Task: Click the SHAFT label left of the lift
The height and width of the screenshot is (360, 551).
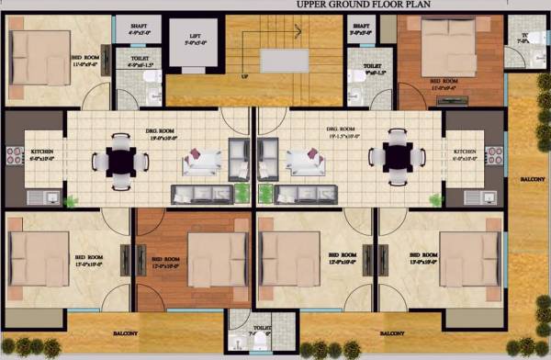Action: [x=139, y=28]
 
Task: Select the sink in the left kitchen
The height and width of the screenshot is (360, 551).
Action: [x=49, y=196]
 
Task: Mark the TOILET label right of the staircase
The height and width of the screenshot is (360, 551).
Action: [x=372, y=67]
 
